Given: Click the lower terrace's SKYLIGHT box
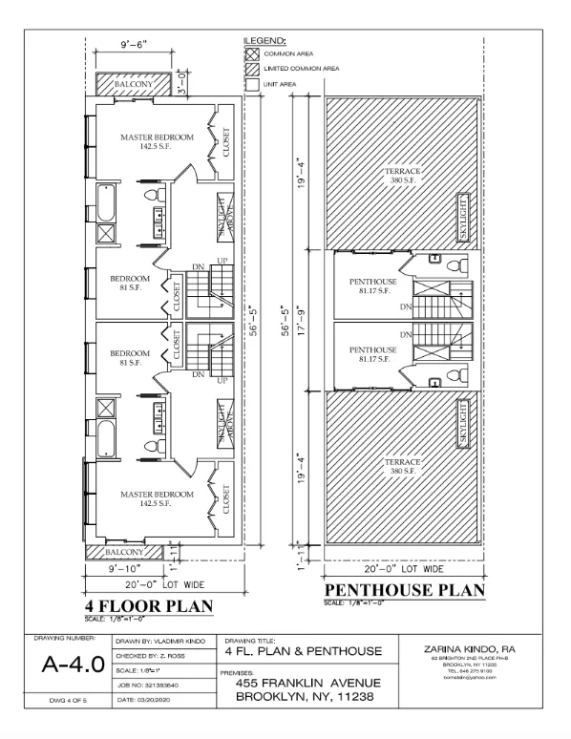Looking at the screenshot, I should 461,424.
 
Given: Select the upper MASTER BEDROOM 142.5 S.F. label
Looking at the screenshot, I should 157,142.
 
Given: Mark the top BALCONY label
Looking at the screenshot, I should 134,85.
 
